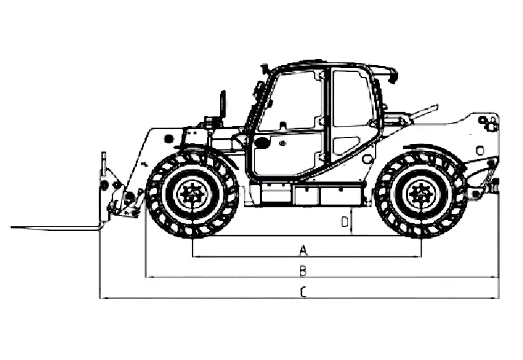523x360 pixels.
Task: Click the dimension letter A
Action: [x=303, y=250]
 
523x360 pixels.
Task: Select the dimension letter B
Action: [x=303, y=271]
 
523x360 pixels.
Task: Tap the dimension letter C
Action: [x=303, y=292]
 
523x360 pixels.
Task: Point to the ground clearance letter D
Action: [x=345, y=222]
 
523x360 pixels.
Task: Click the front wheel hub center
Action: [x=193, y=193]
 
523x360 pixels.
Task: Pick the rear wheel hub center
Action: [x=421, y=194]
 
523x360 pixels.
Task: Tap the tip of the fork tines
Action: [x=12, y=227]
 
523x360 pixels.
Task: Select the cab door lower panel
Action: [x=287, y=154]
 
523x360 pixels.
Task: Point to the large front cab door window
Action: [x=289, y=100]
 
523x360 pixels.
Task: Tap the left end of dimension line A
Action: [x=193, y=256]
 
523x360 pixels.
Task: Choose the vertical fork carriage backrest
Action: [x=104, y=187]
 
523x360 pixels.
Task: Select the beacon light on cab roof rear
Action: [x=393, y=75]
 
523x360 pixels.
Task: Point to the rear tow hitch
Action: [x=494, y=187]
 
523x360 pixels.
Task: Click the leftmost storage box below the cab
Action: [x=276, y=193]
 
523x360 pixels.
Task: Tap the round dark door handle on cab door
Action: [x=262, y=142]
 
